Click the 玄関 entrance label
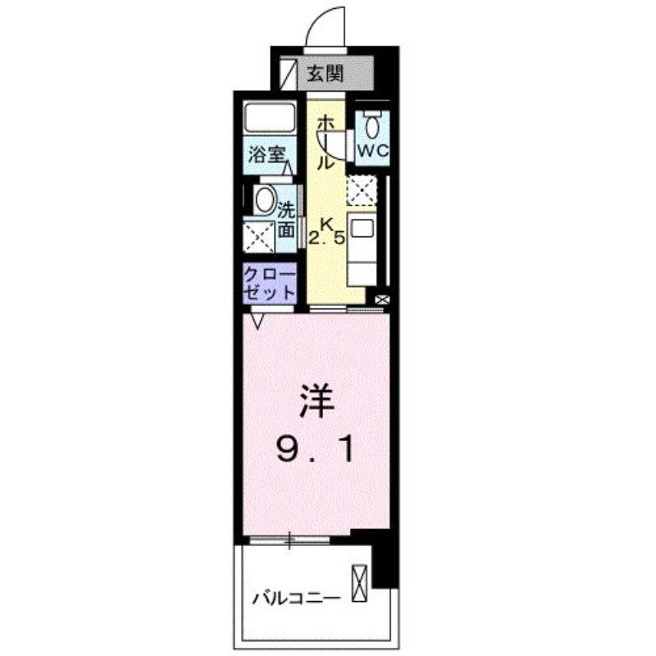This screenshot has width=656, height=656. [x=325, y=74]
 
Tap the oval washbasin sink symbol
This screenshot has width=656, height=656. [x=264, y=199]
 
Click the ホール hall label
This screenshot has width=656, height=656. [x=325, y=141]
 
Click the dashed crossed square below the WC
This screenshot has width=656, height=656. [x=361, y=190]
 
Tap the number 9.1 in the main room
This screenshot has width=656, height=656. [x=315, y=448]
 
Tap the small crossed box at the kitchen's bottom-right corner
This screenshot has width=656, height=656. [x=381, y=301]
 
